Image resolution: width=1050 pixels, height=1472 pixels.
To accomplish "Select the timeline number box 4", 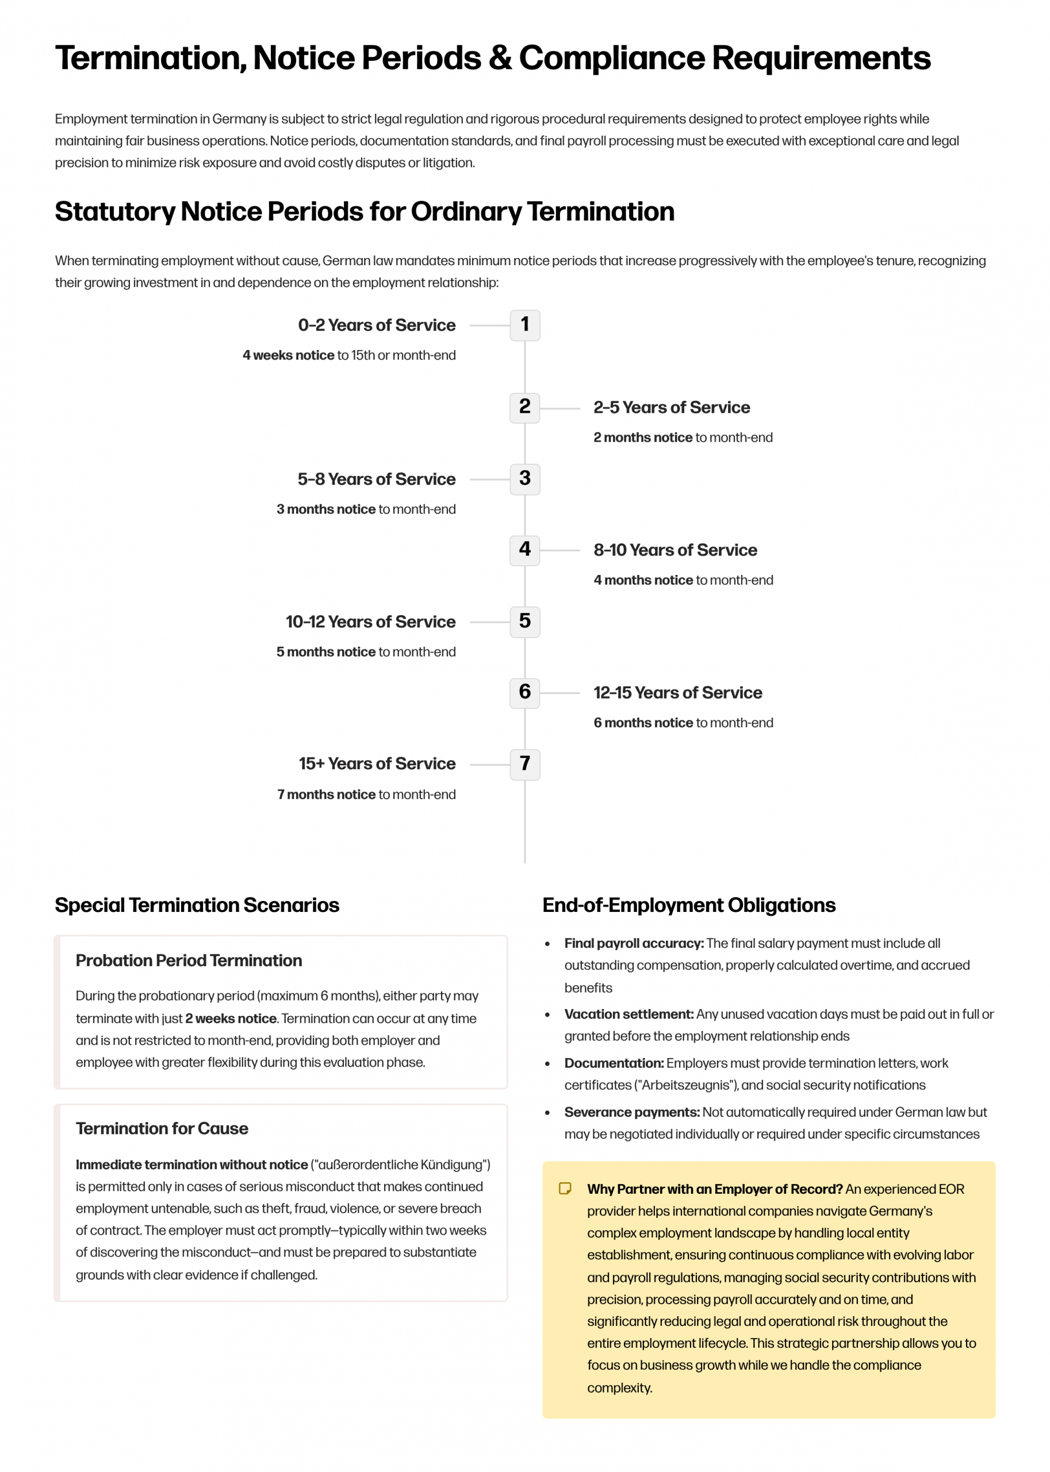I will pos(524,551).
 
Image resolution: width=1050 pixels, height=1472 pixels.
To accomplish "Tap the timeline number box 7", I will pos(524,764).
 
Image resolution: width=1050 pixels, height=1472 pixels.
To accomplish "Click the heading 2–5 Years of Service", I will pos(671,407).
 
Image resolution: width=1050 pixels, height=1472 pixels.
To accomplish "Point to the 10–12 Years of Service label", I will pos(370,622).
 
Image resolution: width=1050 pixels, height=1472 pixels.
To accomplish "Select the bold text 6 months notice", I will pos(643,723).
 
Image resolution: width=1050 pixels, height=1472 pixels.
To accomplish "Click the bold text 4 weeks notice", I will pos(288,355).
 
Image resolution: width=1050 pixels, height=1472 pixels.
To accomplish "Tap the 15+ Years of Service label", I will pos(377,764).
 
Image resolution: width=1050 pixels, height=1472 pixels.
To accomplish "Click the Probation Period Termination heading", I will pos(189,961).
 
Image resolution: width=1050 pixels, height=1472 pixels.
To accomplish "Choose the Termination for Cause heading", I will pos(162,1129).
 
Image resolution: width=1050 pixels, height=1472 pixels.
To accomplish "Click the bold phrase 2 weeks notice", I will pos(231,1018).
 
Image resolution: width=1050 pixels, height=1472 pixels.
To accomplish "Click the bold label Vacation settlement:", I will pos(629,1014).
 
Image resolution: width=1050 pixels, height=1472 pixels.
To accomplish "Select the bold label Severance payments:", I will pos(632,1113).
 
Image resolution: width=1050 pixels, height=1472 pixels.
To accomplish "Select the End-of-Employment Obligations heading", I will pos(688,905).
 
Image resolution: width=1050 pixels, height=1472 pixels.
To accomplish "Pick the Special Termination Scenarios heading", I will pos(197,905).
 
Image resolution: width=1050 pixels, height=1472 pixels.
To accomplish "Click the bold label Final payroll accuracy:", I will pos(634,943).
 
